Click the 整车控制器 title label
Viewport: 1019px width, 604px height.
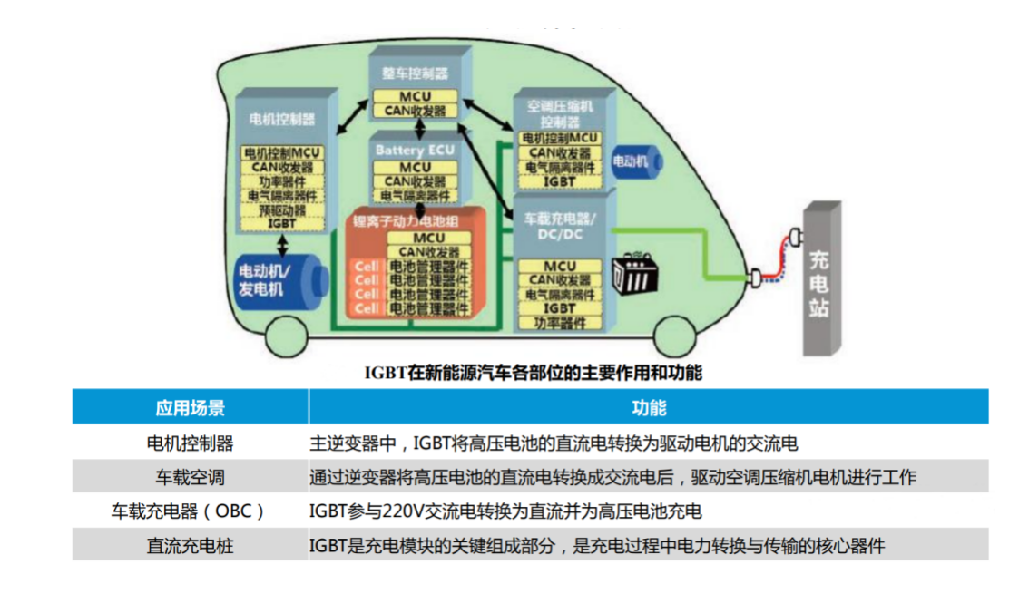click(x=415, y=73)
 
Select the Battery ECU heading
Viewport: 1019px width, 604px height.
click(x=415, y=149)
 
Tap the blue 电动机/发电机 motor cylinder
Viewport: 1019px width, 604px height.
click(x=277, y=278)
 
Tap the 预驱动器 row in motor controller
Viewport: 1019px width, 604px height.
click(x=282, y=209)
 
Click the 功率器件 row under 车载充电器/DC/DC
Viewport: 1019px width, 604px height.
click(x=560, y=322)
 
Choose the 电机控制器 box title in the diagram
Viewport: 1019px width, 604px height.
click(x=282, y=119)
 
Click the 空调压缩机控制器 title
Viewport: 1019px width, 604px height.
click(x=560, y=114)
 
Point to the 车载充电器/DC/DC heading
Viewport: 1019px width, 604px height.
click(x=560, y=227)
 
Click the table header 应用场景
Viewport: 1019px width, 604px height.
click(x=190, y=407)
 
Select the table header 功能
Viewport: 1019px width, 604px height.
click(x=649, y=407)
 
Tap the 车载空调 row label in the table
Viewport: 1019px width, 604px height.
click(x=190, y=477)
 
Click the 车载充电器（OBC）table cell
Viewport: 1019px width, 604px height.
click(x=190, y=511)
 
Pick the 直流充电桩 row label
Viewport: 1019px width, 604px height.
click(x=190, y=546)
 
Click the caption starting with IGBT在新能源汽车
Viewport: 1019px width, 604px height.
click(x=533, y=372)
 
